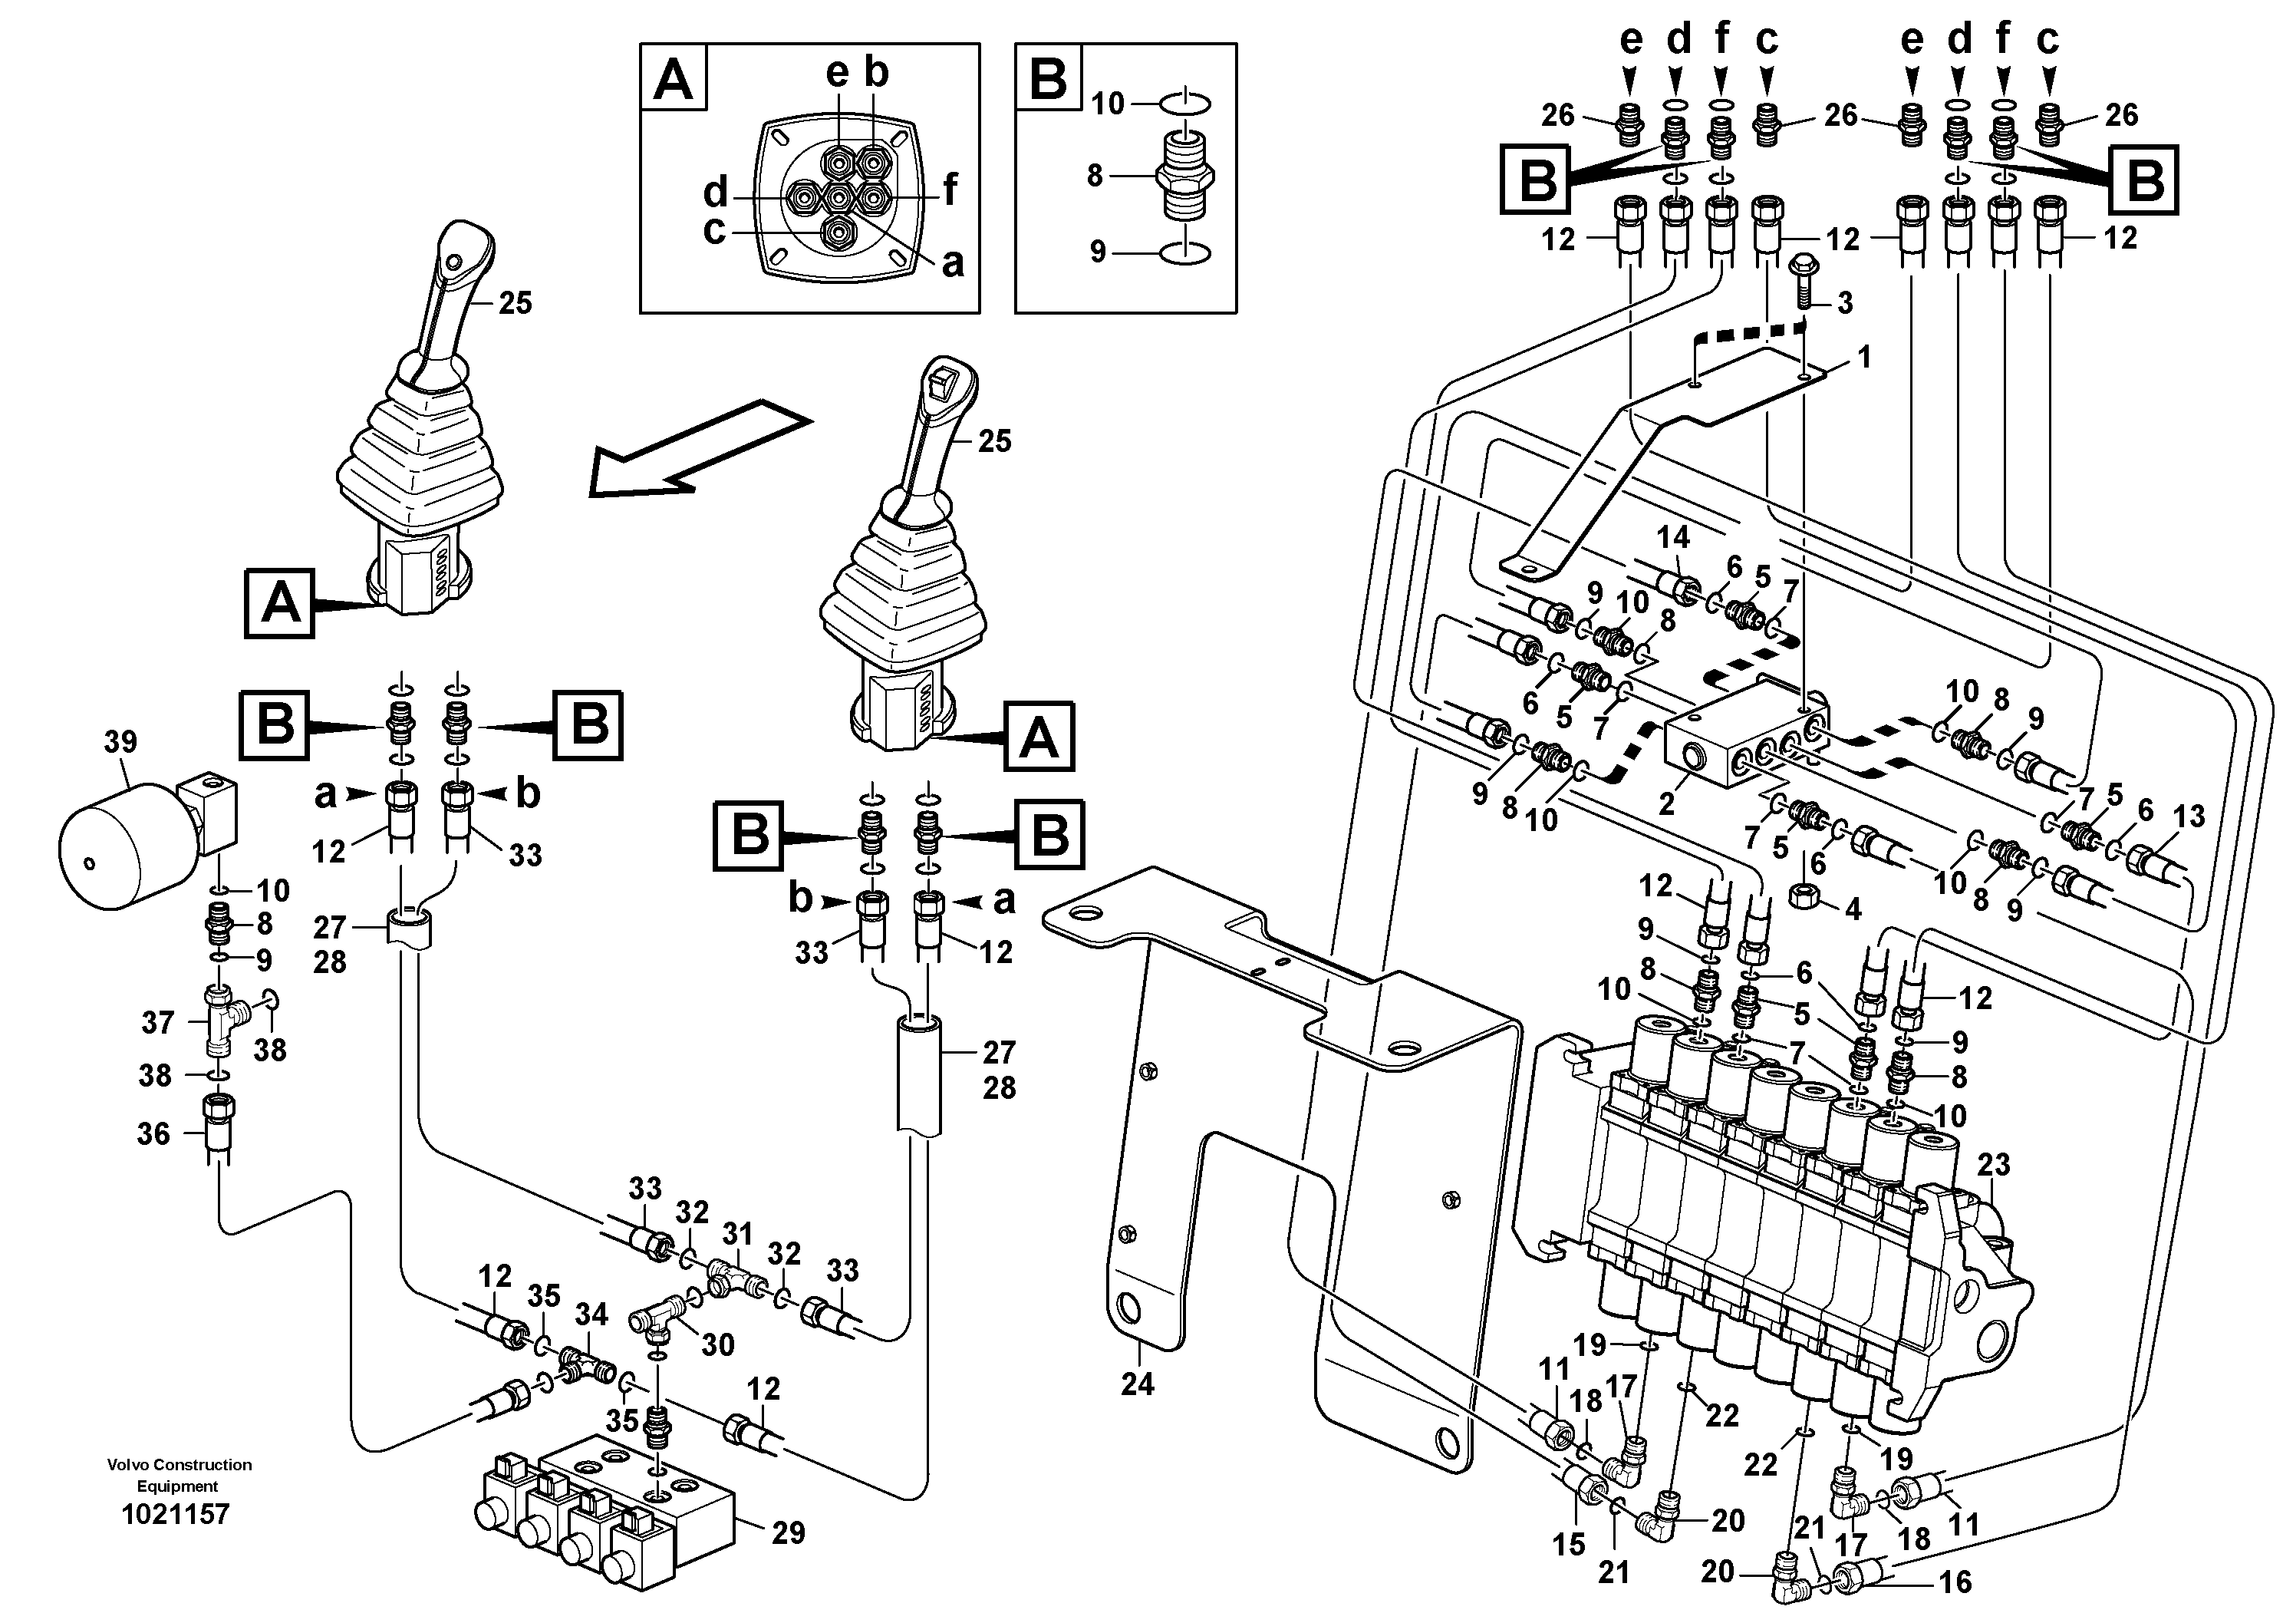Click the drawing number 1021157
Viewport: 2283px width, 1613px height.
(x=175, y=1515)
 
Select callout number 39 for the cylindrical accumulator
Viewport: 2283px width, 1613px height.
(x=120, y=742)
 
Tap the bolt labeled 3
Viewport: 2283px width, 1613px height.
(x=1804, y=282)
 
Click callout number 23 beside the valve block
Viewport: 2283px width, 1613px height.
(x=1994, y=1165)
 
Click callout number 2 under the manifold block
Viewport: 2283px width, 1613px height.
(x=1666, y=803)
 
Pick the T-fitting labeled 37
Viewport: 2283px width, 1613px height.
(x=218, y=1022)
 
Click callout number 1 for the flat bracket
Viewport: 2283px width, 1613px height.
(x=1863, y=357)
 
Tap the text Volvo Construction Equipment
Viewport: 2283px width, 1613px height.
(x=179, y=1476)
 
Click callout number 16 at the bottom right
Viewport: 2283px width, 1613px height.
(x=1955, y=1582)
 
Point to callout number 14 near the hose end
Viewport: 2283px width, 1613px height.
(x=1672, y=538)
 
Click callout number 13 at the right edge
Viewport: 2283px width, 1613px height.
(x=2189, y=816)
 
